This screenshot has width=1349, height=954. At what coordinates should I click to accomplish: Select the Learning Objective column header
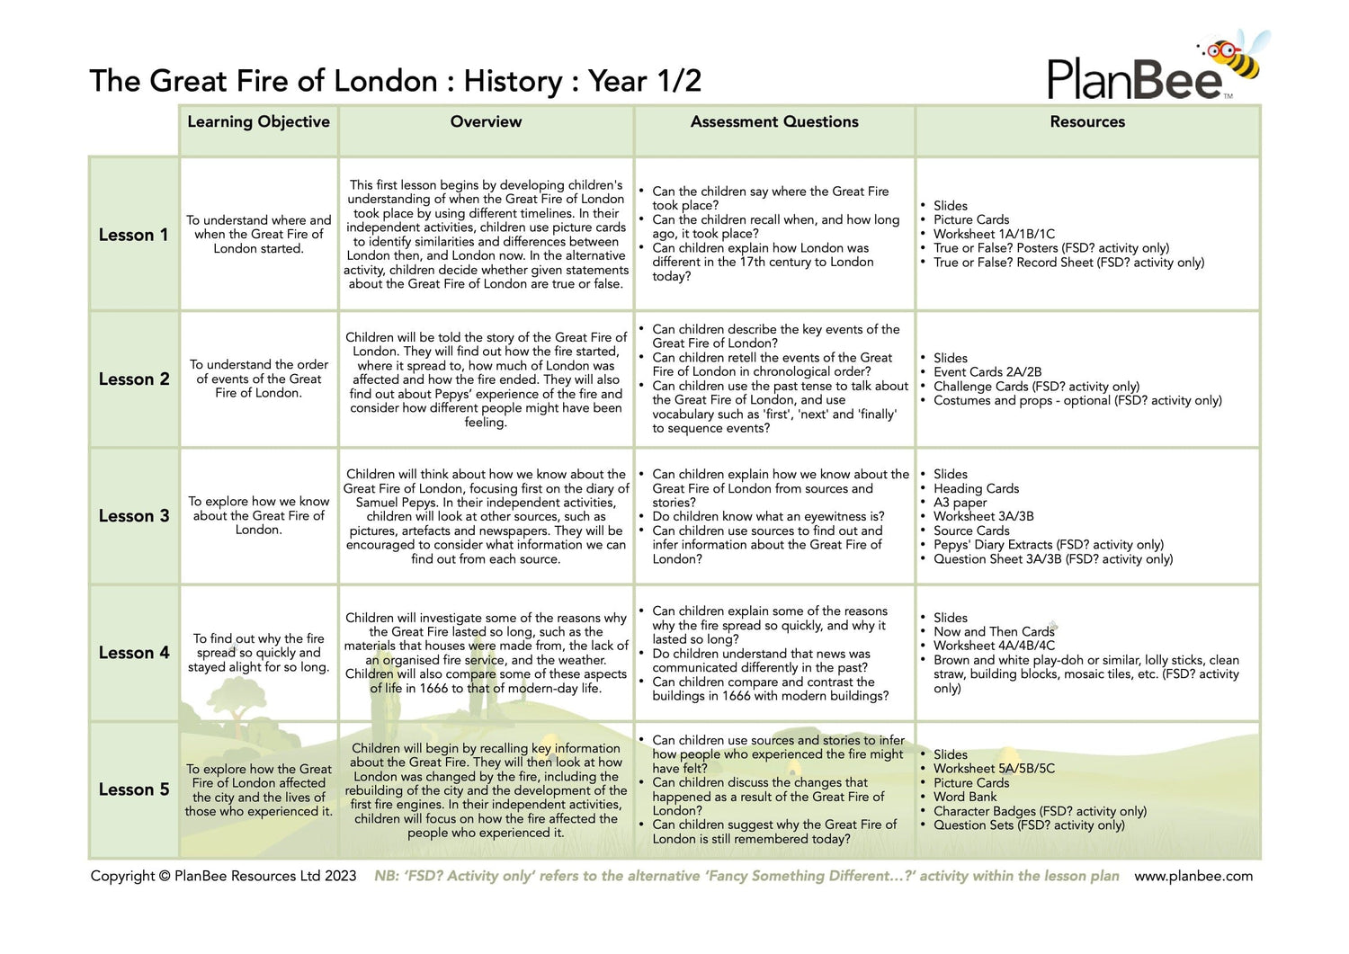258,122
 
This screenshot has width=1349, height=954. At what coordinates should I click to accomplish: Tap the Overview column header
486,122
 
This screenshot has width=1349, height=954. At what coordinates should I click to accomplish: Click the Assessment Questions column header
774,122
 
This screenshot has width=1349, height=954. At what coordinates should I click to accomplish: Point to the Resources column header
1087,122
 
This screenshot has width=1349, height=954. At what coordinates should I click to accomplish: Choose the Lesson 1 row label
133,236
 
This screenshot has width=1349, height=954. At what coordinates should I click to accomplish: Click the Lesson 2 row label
133,379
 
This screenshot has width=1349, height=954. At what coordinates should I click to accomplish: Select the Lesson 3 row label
133,516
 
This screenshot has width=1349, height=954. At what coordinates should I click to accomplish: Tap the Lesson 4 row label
133,653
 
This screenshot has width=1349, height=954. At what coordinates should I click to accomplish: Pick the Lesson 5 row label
133,789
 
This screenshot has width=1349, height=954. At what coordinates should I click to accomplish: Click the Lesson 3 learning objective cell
259,516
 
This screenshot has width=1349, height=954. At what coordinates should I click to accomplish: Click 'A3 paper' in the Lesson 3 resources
960,503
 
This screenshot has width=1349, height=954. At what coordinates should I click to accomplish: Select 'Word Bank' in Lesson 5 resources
965,797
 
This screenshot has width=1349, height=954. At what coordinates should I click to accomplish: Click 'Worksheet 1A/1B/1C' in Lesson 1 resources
994,234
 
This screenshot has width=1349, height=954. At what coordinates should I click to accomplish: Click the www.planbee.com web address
1193,877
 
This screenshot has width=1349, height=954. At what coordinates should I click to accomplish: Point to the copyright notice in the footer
223,877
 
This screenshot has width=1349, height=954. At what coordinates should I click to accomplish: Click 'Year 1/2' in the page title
645,82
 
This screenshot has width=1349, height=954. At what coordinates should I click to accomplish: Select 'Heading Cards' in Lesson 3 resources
976,488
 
